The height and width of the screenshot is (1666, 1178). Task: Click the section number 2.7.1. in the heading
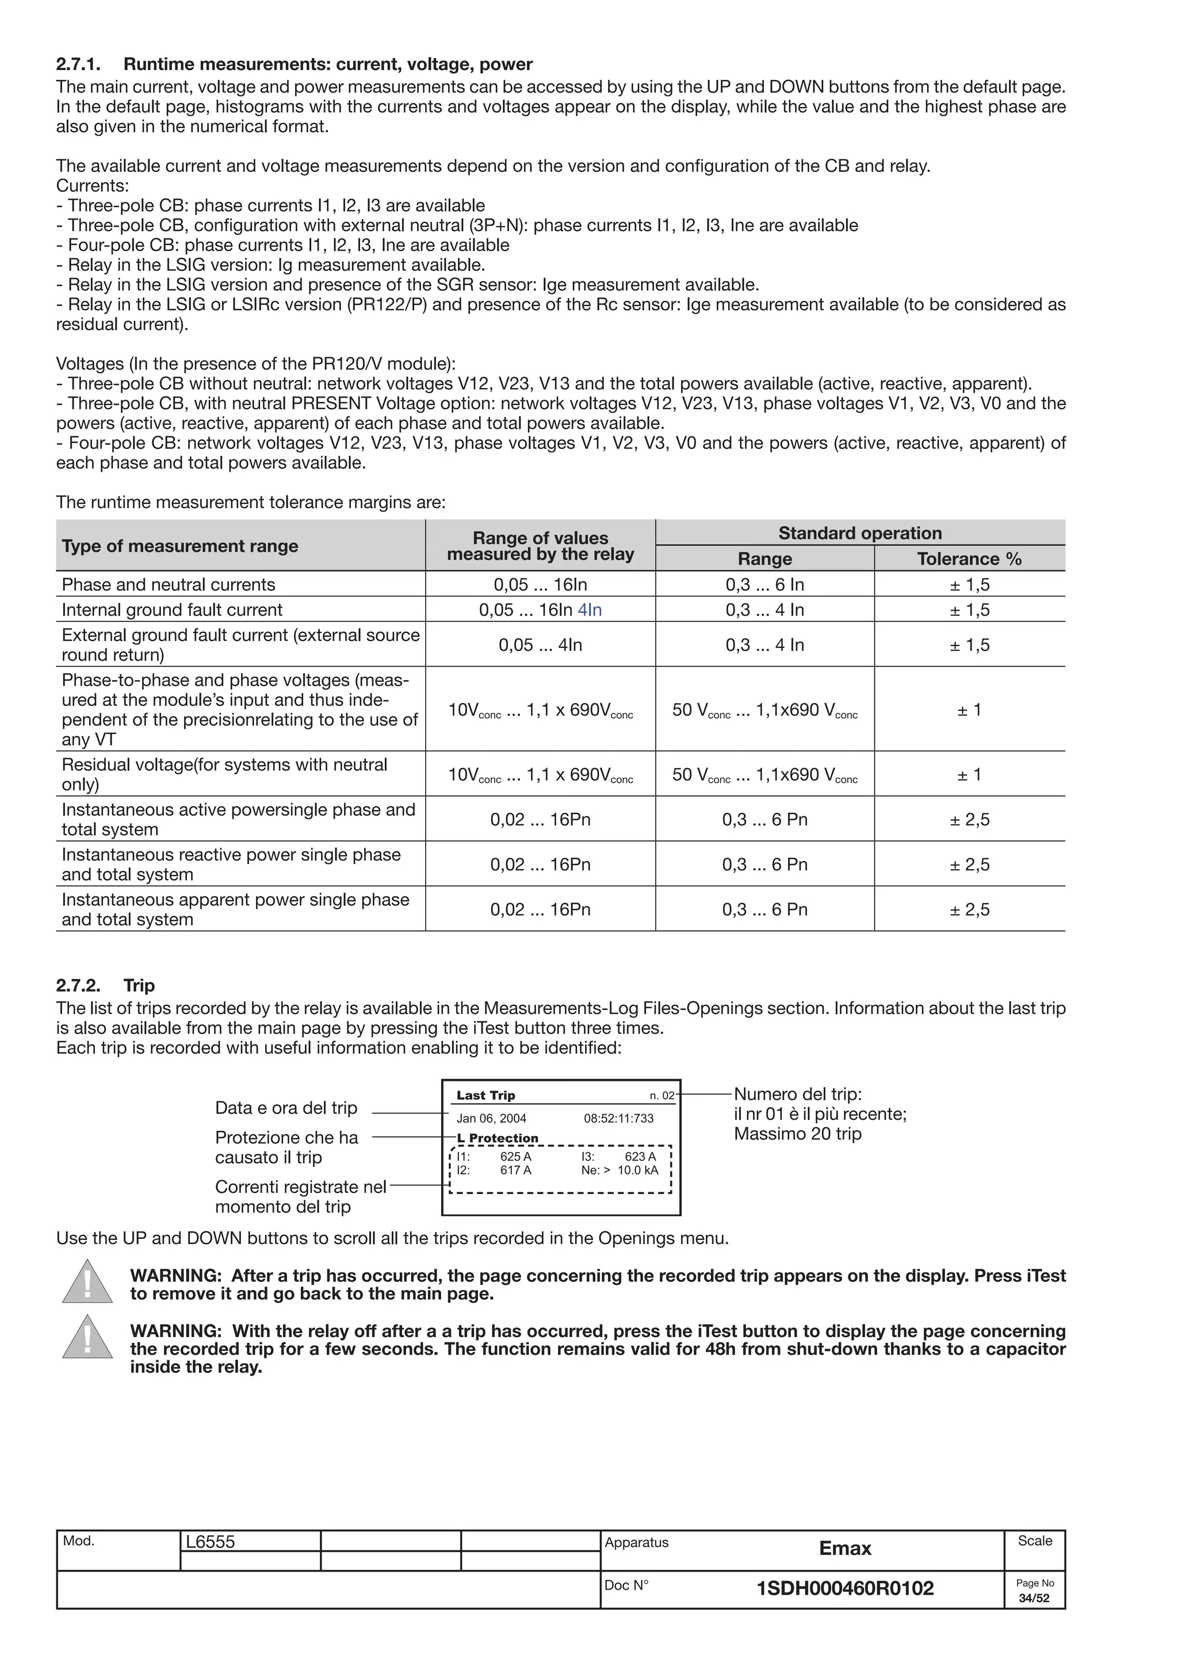click(x=78, y=64)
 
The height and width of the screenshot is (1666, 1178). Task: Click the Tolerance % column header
click(x=969, y=559)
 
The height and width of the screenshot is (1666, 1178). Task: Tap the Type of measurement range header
click(x=180, y=546)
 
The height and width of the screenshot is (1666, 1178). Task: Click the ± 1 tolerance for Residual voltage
click(x=969, y=774)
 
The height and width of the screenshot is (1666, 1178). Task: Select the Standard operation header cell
click(x=859, y=533)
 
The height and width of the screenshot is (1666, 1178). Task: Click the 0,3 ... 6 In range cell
click(x=764, y=585)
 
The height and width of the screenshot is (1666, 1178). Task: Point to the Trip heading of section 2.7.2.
click(x=139, y=985)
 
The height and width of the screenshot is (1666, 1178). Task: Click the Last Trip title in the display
click(x=485, y=1096)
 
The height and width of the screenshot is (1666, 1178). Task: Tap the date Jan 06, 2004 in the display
click(x=491, y=1118)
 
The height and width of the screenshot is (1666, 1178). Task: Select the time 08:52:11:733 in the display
click(x=618, y=1118)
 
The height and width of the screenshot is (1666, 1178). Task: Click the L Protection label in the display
click(x=498, y=1138)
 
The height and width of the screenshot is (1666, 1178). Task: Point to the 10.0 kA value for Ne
click(x=638, y=1170)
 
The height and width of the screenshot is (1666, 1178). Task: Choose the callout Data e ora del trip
click(x=286, y=1108)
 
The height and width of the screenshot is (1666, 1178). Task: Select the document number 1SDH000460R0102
click(x=845, y=1588)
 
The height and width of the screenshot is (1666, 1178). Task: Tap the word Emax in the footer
click(x=845, y=1549)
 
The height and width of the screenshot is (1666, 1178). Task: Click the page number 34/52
click(x=1034, y=1599)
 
